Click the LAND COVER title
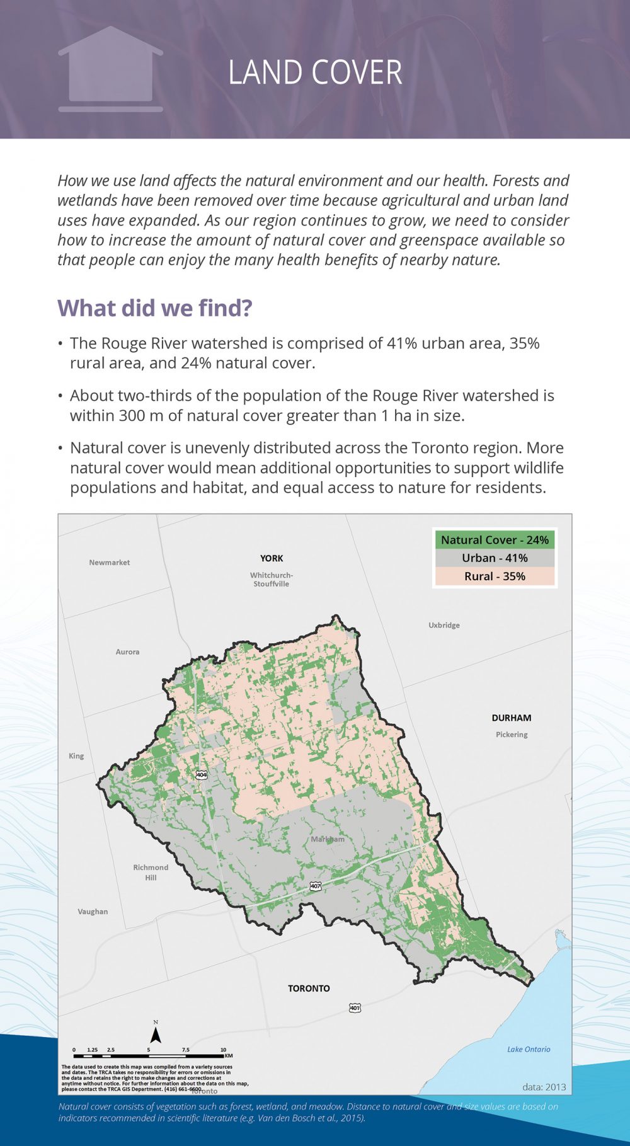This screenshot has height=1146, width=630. tap(315, 72)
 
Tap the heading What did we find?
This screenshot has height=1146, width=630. tap(155, 308)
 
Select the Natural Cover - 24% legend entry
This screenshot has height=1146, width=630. tap(495, 540)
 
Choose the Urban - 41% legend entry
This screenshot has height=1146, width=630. tap(495, 558)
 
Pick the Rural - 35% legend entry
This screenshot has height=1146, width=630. tap(495, 576)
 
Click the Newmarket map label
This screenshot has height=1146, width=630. tap(110, 563)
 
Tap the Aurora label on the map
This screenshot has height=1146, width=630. tap(127, 652)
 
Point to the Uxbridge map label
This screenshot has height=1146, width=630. tap(444, 625)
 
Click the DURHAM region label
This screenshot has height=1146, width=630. tap(511, 718)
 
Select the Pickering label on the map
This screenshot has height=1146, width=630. tap(512, 735)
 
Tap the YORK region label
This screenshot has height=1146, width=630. tap(272, 558)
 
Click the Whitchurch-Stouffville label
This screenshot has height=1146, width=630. tap(272, 580)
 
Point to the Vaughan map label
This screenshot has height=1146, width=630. tap(93, 912)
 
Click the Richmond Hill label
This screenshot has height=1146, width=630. tap(151, 873)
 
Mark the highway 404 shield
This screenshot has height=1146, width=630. tap(201, 774)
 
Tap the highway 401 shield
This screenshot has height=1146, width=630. tap(355, 1008)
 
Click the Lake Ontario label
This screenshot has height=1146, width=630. tap(529, 1049)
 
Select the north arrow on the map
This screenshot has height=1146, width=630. tap(156, 1033)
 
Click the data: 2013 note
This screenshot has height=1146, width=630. tap(544, 1087)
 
